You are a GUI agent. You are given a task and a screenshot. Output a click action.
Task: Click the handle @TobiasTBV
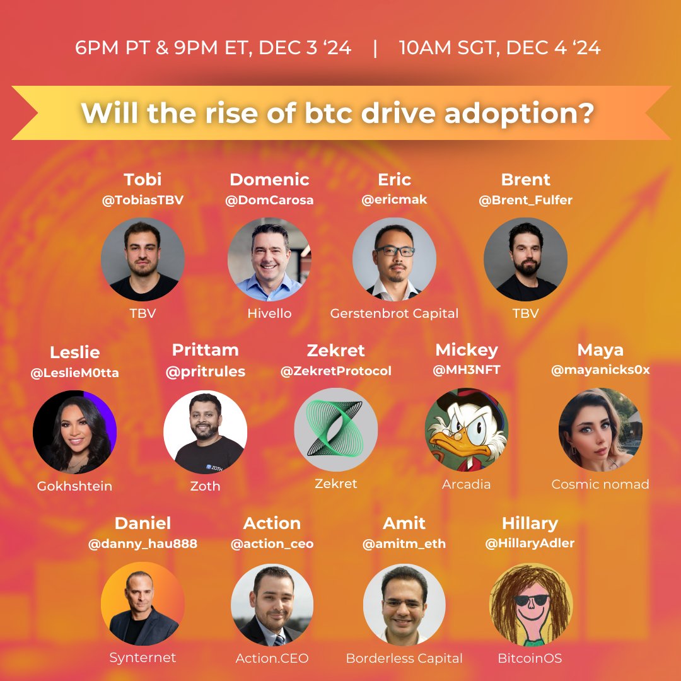pyautogui.click(x=143, y=201)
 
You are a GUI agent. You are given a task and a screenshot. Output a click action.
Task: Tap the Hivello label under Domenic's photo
pyautogui.click(x=269, y=313)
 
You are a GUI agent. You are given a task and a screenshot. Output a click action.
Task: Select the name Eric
pyautogui.click(x=394, y=180)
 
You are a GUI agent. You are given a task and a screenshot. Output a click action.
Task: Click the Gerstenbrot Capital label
pyautogui.click(x=394, y=313)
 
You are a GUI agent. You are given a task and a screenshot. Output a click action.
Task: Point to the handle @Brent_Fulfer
pyautogui.click(x=525, y=201)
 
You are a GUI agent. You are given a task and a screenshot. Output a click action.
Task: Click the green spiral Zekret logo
pyautogui.click(x=335, y=429)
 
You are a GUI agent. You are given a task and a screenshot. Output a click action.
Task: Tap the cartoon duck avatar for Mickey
pyautogui.click(x=466, y=429)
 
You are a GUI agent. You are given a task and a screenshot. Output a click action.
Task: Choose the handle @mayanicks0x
pyautogui.click(x=600, y=371)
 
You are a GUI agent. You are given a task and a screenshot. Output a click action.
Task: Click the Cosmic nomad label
pyautogui.click(x=600, y=484)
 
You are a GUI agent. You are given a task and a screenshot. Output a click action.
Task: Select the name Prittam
pyautogui.click(x=205, y=350)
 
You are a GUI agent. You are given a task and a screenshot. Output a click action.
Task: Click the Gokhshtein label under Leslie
pyautogui.click(x=74, y=486)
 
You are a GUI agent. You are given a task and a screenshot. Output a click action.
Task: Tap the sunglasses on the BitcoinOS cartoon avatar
pyautogui.click(x=531, y=600)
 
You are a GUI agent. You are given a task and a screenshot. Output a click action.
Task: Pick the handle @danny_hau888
pyautogui.click(x=143, y=544)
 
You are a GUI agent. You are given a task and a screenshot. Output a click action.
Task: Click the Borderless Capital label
pyautogui.click(x=404, y=658)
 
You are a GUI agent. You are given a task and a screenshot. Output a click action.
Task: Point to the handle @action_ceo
pyautogui.click(x=272, y=544)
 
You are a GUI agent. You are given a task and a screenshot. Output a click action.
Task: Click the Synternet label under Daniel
pyautogui.click(x=143, y=658)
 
